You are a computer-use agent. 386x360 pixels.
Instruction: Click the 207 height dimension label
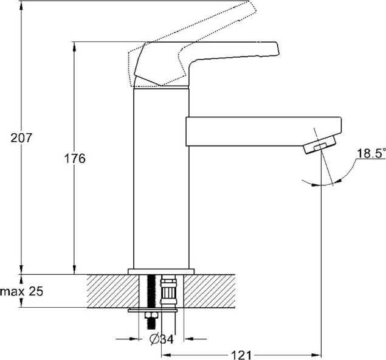(21, 137)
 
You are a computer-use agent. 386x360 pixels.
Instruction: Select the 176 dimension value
(75, 158)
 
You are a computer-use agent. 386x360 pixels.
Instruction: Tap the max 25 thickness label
(22, 291)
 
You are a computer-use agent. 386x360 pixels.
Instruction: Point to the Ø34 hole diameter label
(162, 339)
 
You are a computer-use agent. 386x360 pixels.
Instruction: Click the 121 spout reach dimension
(241, 355)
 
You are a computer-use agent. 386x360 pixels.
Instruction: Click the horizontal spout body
(264, 131)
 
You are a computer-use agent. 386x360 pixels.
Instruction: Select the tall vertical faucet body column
(161, 179)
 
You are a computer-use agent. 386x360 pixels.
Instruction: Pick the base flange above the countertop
(161, 272)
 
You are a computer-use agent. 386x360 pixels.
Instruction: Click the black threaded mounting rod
(151, 291)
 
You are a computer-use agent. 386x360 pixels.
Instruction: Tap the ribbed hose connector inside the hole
(168, 291)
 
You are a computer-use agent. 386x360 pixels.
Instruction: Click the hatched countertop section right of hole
(210, 291)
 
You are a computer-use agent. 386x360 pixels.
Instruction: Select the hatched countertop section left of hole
(113, 291)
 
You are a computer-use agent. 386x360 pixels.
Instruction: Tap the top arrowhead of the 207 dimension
(21, 6)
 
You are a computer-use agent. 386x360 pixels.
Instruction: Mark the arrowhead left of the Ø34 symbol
(134, 339)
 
